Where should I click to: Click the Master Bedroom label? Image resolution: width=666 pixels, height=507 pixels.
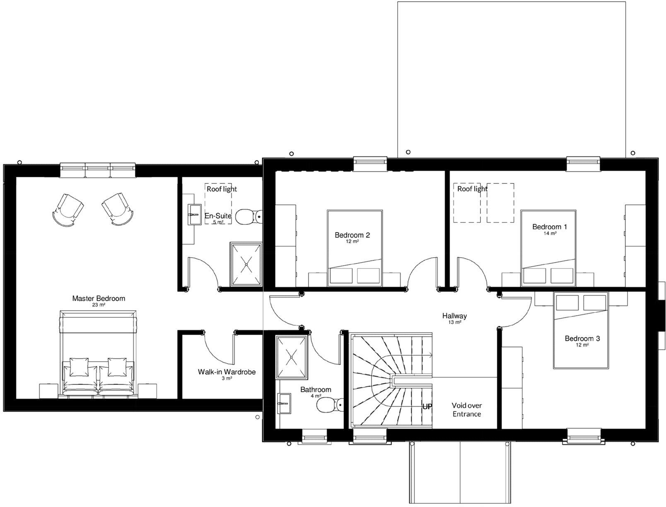pyautogui.click(x=98, y=298)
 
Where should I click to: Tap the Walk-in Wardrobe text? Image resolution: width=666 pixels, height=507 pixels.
pyautogui.click(x=227, y=372)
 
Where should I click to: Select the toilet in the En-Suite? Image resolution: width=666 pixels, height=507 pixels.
pyautogui.click(x=248, y=216)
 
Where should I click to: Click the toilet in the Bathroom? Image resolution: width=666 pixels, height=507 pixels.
pyautogui.click(x=330, y=405)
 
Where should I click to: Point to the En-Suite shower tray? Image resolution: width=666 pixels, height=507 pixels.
pyautogui.click(x=246, y=264)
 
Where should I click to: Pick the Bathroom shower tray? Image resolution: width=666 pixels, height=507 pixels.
pyautogui.click(x=292, y=357)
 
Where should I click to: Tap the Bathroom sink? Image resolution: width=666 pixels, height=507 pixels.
pyautogui.click(x=285, y=403)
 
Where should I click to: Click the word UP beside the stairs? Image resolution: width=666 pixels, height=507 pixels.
pyautogui.click(x=427, y=407)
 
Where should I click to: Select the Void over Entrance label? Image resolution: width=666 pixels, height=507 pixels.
pyautogui.click(x=466, y=410)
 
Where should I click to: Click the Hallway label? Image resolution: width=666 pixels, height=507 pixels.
pyautogui.click(x=454, y=316)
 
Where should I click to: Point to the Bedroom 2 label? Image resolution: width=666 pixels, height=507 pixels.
pyautogui.click(x=352, y=235)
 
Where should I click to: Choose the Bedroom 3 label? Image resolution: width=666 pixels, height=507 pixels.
pyautogui.click(x=582, y=338)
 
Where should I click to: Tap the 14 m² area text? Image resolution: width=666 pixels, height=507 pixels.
pyautogui.click(x=550, y=234)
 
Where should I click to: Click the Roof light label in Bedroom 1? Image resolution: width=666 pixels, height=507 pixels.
pyautogui.click(x=472, y=189)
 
